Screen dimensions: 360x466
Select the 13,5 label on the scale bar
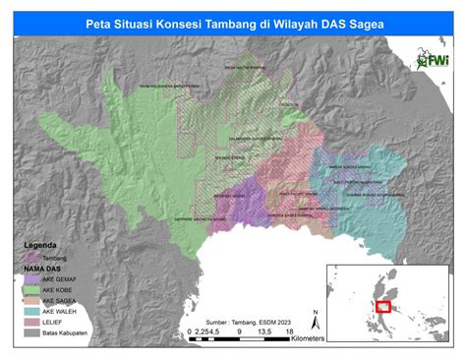pyautogui.click(x=262, y=332)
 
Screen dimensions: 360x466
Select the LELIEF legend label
pyautogui.click(x=55, y=321)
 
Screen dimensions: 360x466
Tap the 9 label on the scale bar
pyautogui.click(x=240, y=332)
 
